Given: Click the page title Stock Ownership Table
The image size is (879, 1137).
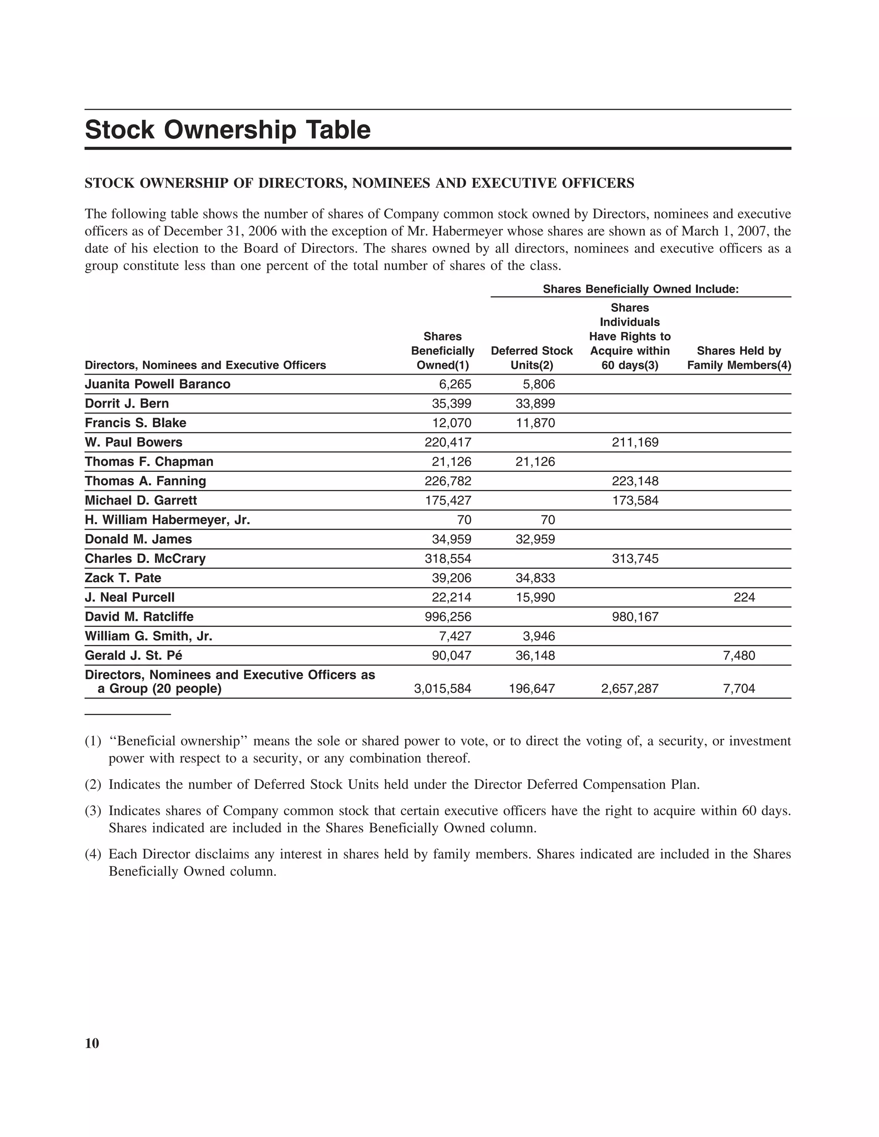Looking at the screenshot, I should [227, 130].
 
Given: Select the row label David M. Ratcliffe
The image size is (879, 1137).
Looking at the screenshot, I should [139, 617].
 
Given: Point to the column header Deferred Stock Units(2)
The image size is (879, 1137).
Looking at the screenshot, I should [532, 358].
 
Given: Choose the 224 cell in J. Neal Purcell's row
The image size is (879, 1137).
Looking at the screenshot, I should [744, 598].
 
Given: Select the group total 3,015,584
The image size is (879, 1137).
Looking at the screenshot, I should [443, 689].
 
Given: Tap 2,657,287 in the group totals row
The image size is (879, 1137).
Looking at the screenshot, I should [630, 689].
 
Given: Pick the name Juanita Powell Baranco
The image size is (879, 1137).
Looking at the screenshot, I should [157, 384].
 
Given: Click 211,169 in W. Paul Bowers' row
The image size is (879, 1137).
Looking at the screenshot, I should [635, 442].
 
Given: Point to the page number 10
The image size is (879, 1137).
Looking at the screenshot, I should [92, 1043].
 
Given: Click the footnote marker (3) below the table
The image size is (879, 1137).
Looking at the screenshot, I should [93, 811].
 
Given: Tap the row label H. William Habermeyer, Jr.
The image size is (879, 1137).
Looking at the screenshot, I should [167, 520].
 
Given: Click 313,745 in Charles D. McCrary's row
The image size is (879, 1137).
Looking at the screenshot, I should [635, 559].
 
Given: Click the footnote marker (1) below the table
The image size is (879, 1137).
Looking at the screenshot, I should [93, 741].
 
